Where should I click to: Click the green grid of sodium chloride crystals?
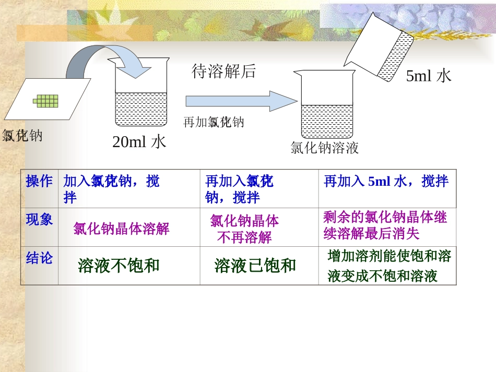(x=46, y=100)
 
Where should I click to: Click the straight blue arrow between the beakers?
(x=241, y=101)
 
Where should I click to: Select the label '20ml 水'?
(x=139, y=141)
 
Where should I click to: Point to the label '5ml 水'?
(x=428, y=76)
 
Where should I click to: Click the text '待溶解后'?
(x=224, y=71)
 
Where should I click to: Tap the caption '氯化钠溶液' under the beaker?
(x=324, y=148)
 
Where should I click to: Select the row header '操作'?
(x=39, y=182)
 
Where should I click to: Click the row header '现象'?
(x=39, y=220)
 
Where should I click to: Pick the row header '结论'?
(x=39, y=258)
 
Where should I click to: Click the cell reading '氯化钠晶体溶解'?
(x=121, y=229)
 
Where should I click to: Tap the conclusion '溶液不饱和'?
(x=119, y=266)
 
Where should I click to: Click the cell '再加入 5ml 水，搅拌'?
(x=386, y=182)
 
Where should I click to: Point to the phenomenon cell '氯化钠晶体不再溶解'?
(x=244, y=229)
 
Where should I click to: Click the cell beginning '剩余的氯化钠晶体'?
(x=385, y=225)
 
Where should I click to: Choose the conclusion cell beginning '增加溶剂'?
(x=389, y=266)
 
